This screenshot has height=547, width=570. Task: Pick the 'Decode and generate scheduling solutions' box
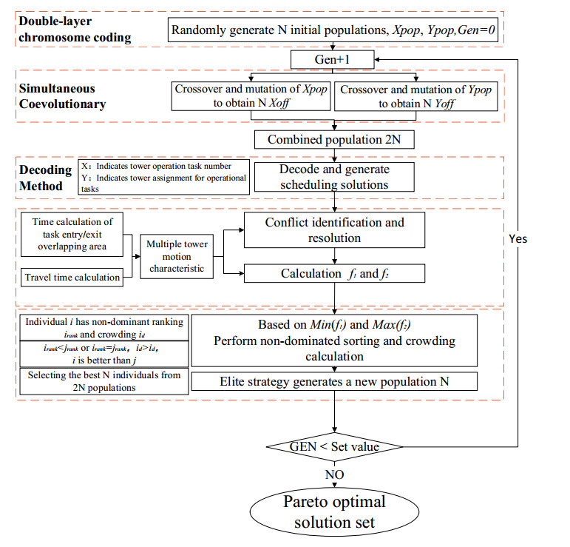[333, 177]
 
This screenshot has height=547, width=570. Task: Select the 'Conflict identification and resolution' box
[334, 230]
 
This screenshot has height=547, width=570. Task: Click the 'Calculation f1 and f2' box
[334, 274]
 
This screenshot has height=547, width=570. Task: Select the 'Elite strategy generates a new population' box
[334, 381]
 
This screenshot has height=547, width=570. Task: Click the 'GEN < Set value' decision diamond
[334, 446]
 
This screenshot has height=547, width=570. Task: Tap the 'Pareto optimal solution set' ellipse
[335, 511]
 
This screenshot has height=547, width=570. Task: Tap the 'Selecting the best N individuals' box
[104, 381]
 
